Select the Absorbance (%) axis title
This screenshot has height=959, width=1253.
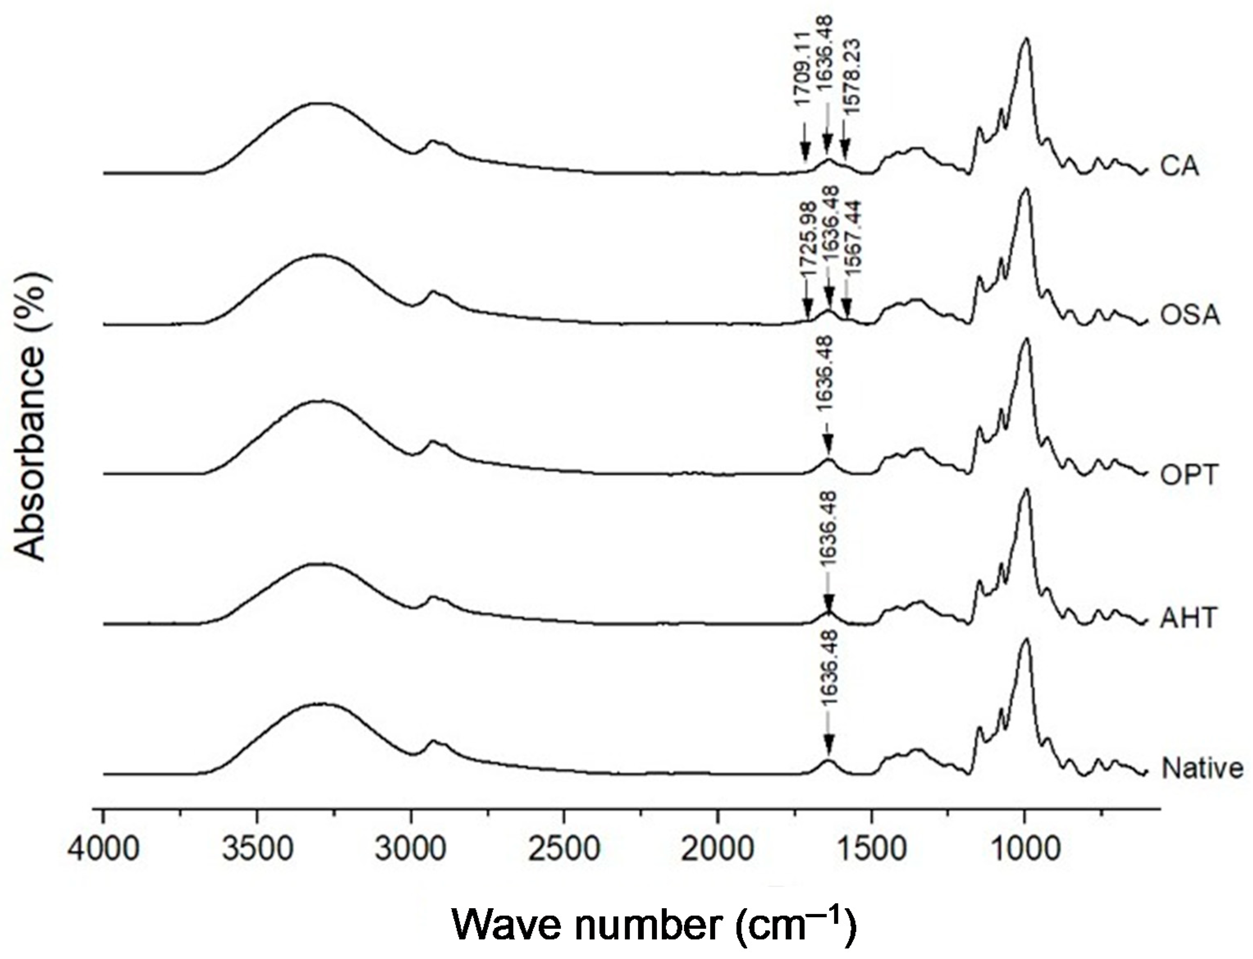pos(30,417)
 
